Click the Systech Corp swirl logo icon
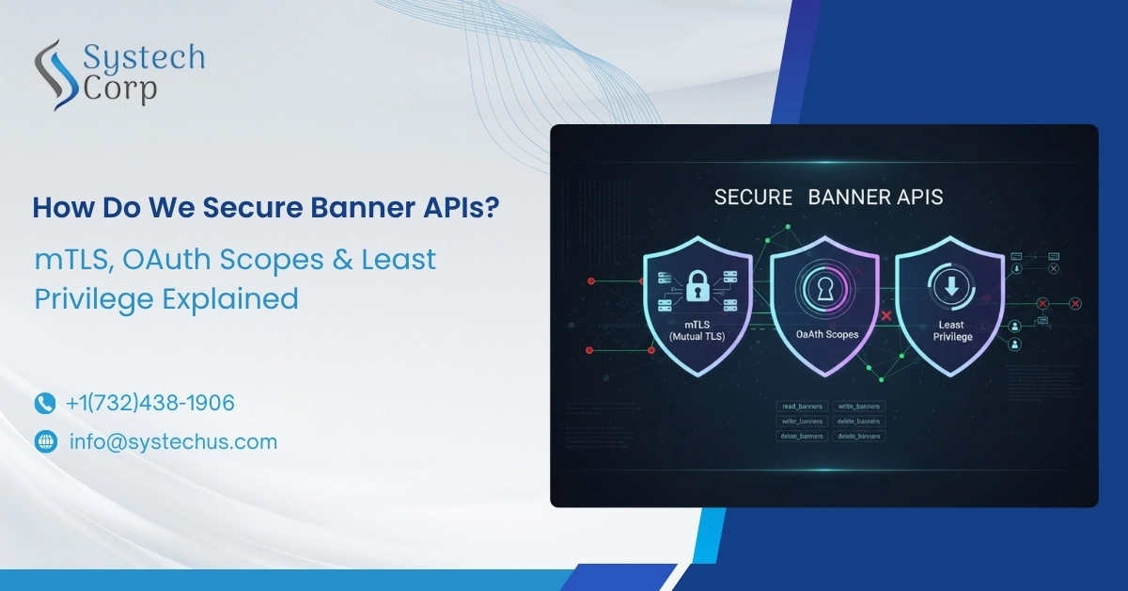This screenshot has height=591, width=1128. point(55,72)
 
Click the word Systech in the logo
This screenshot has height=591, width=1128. point(144,58)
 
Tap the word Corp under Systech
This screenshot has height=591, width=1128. point(119,89)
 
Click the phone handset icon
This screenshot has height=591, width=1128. point(45,404)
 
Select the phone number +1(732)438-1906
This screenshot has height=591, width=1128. point(149,404)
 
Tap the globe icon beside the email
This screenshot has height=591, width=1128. point(45,441)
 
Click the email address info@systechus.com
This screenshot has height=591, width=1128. point(173,441)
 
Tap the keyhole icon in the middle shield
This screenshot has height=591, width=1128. point(824,288)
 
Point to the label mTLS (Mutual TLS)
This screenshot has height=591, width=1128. point(697,328)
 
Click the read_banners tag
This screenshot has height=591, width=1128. point(802,407)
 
